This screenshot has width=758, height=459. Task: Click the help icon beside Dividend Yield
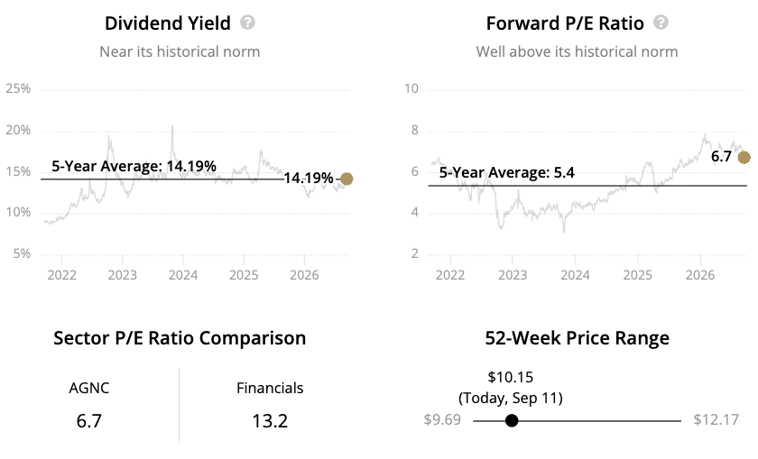[x=247, y=23]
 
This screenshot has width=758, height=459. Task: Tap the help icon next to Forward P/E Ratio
[x=661, y=23]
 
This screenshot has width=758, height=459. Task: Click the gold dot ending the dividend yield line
[x=347, y=179]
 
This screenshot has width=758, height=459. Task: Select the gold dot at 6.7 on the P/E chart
[x=744, y=158]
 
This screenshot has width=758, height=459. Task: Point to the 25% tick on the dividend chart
[x=18, y=88]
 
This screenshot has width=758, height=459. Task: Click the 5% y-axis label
[x=22, y=253]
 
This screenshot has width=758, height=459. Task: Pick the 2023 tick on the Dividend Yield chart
[x=123, y=275]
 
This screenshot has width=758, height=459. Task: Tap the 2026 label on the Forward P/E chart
[x=700, y=275]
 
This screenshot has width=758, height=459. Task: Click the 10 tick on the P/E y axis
[x=411, y=88]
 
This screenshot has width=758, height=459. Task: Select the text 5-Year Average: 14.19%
[x=134, y=166]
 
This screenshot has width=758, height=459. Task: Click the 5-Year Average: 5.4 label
[x=506, y=172]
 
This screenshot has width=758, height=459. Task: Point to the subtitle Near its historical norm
[x=180, y=51]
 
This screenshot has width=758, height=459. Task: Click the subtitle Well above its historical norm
[x=578, y=51]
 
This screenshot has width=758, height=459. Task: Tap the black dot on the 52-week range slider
[x=512, y=421]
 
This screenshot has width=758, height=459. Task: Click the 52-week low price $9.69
[x=442, y=419]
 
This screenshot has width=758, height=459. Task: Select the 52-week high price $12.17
[x=716, y=419]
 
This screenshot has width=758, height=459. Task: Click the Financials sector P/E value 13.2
[x=270, y=421]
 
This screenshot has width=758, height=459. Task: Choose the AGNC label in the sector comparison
[x=89, y=388]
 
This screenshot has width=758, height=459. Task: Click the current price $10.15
[x=511, y=377]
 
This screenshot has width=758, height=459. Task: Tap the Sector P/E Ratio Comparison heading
[x=180, y=338]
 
